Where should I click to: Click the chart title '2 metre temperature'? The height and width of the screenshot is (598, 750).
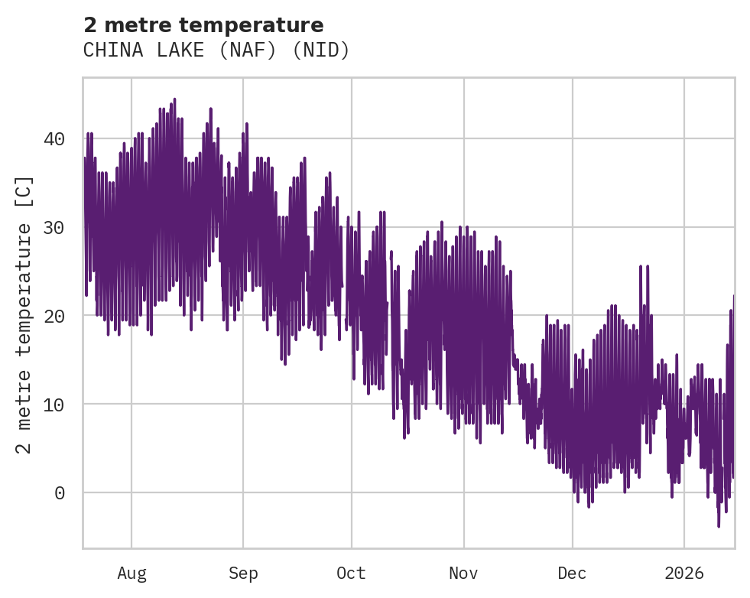tap(203, 25)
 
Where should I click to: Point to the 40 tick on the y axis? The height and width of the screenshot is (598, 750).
tap(54, 139)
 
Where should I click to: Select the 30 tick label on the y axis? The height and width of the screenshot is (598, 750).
tap(54, 227)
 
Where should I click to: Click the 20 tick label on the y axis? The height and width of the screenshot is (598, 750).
tap(54, 316)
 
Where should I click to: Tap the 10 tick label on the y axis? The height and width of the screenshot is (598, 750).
tap(54, 404)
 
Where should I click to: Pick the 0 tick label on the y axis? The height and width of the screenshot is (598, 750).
tap(60, 492)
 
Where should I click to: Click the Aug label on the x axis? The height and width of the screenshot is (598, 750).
tap(131, 574)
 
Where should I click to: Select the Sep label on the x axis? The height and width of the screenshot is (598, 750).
tap(243, 574)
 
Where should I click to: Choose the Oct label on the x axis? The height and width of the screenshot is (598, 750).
tap(352, 574)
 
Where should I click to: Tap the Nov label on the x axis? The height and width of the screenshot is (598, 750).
tap(463, 574)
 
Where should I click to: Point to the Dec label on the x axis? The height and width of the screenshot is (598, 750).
tap(572, 574)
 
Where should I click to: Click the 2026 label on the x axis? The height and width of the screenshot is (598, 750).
tap(684, 574)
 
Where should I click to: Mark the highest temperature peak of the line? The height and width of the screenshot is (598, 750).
tap(174, 99)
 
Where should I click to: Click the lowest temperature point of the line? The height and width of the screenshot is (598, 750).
tap(719, 525)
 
